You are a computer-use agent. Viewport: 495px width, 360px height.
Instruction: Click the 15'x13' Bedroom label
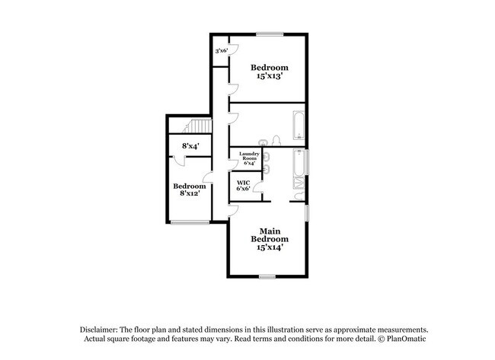(270, 73)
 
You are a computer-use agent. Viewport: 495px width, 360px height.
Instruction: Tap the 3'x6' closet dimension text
(222, 50)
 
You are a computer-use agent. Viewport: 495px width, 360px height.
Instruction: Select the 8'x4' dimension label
(190, 145)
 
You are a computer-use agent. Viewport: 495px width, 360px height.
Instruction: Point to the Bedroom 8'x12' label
(189, 190)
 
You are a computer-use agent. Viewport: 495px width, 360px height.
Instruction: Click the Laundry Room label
(248, 158)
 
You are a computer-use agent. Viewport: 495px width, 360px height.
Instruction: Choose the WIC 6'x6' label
(244, 186)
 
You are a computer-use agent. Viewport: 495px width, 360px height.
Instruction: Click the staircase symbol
(198, 126)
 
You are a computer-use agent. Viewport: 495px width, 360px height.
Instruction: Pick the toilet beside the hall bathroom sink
(277, 139)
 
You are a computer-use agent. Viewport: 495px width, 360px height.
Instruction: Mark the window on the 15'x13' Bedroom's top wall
(270, 34)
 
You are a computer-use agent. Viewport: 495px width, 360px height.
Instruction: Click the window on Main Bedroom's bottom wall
(267, 276)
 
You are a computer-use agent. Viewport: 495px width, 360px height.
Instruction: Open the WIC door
(259, 187)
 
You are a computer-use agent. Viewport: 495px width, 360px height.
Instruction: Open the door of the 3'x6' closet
(235, 49)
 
